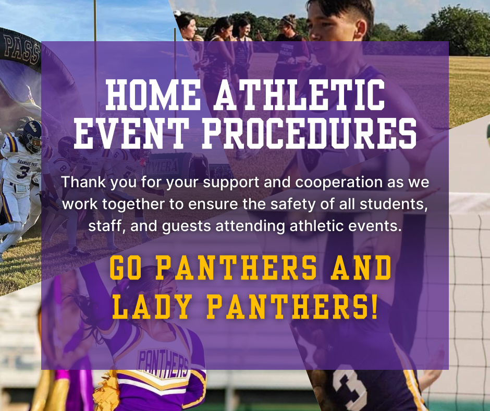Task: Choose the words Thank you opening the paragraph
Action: click(x=93, y=183)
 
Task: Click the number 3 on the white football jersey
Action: click(x=22, y=172)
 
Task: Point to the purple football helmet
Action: click(x=31, y=136)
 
